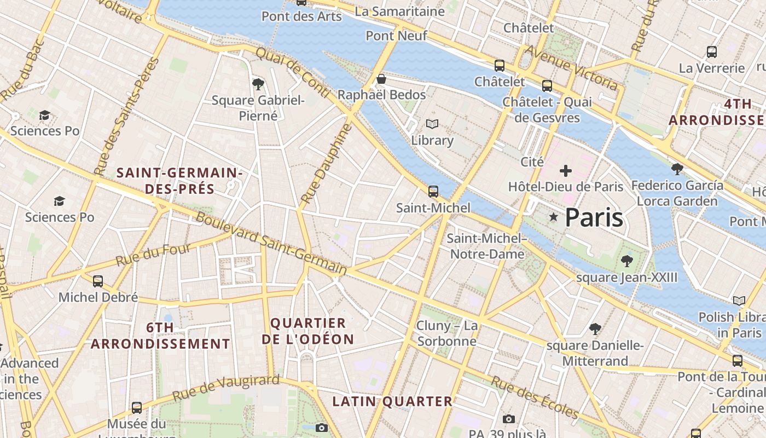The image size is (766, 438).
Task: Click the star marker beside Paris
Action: [554, 217]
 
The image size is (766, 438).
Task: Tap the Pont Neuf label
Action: [396, 36]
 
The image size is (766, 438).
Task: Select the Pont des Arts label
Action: [301, 16]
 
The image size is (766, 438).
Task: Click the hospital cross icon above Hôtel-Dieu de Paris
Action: [566, 171]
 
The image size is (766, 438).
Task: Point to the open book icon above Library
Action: [432, 124]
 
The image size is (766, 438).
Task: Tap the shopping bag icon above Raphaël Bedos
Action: [381, 79]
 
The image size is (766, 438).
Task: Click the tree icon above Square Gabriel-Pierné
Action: [258, 84]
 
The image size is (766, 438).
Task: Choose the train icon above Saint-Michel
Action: [433, 192]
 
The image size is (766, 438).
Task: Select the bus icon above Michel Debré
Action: [98, 281]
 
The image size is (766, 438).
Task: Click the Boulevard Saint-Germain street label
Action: [271, 243]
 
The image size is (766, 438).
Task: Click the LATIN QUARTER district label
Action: [392, 401]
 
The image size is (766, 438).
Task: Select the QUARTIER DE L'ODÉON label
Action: [308, 331]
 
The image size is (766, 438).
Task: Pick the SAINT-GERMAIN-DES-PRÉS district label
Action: [179, 181]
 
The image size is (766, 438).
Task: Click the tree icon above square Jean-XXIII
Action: [626, 261]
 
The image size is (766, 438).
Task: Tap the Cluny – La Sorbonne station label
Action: [447, 333]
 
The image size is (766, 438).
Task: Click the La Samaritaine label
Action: [399, 11]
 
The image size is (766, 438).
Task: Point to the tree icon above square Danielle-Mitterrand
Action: [595, 329]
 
